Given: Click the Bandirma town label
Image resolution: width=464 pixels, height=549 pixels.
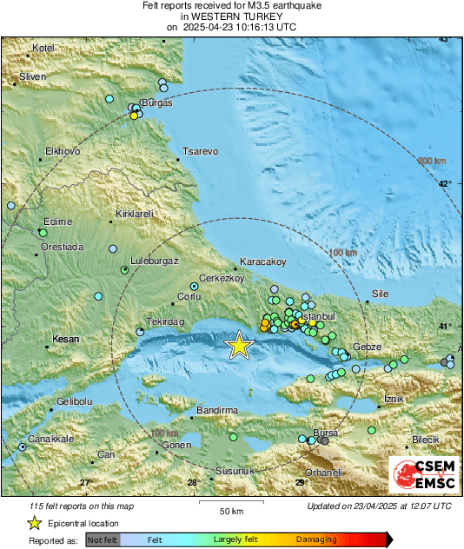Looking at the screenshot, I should [x=216, y=409].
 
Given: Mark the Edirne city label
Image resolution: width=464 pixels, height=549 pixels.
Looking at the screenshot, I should [x=57, y=222].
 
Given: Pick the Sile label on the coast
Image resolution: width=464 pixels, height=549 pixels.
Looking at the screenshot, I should [x=381, y=294].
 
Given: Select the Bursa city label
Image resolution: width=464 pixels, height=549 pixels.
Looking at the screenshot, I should [x=324, y=432].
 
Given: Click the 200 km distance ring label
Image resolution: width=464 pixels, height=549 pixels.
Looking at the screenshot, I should [x=431, y=162].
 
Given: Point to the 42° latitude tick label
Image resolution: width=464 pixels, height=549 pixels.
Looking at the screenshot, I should [x=444, y=183].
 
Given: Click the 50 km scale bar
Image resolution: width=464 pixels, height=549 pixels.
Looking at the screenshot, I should [x=230, y=502].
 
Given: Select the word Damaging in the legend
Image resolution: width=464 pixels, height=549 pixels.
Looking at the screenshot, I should [x=316, y=540].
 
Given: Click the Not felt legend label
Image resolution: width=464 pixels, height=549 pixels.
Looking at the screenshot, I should [x=103, y=540].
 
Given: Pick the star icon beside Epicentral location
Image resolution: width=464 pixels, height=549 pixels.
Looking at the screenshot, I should [x=34, y=523].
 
